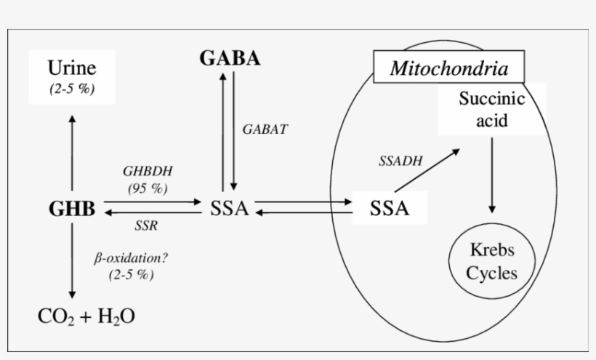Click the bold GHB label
71,209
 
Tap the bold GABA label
230,59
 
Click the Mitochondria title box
448,69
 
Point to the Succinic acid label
491,109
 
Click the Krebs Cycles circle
491,262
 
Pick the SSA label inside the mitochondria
389,209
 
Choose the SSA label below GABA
229,209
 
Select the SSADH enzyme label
400,161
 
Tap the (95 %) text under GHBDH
148,188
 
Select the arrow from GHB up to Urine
71,153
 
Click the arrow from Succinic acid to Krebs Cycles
492,175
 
